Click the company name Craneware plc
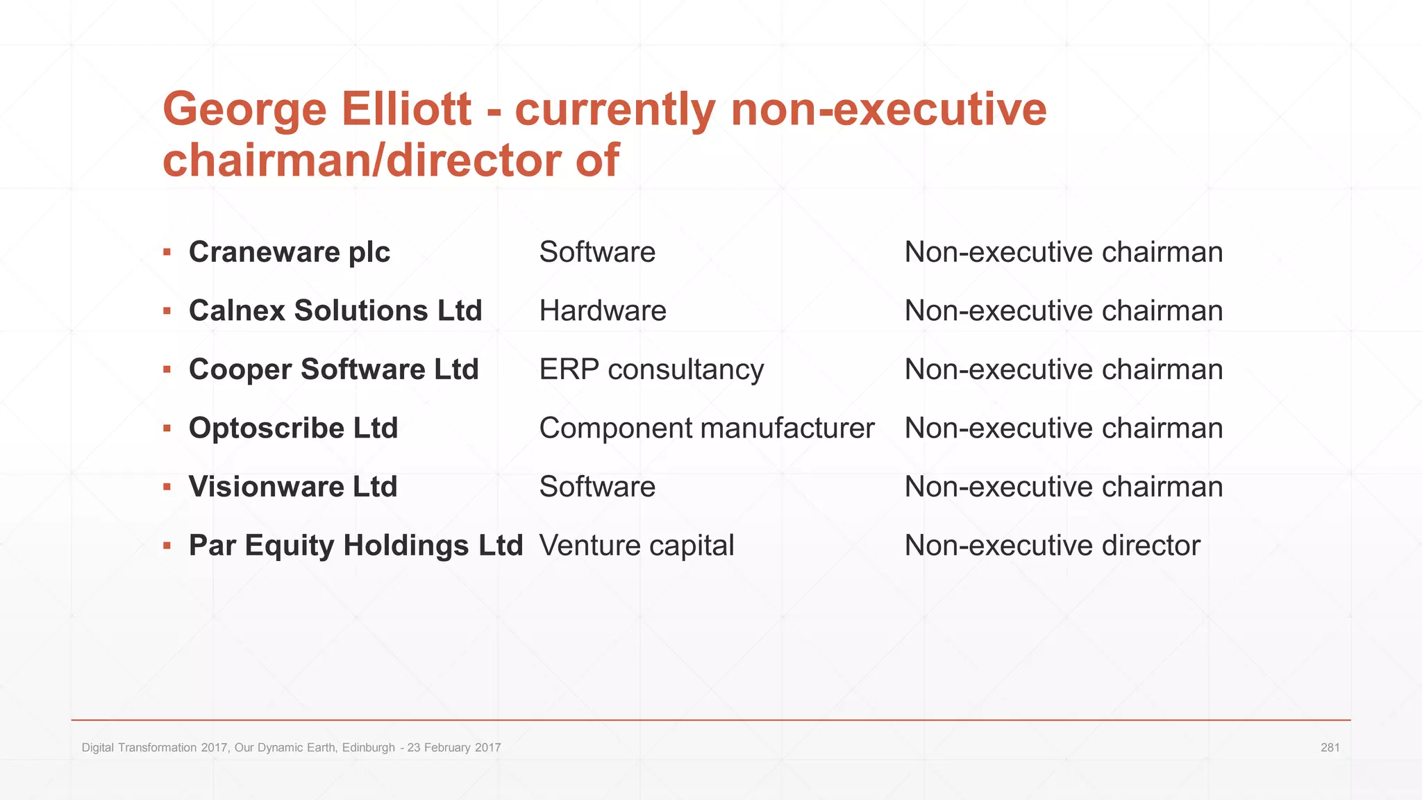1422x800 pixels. [289, 252]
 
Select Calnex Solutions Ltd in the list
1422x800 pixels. [335, 310]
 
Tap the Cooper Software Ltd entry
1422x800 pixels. [333, 369]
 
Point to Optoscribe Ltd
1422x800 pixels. [293, 428]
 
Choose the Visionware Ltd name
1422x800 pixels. [293, 487]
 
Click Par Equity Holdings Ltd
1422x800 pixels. [355, 546]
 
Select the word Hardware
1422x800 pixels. [602, 310]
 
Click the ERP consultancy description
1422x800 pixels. [651, 369]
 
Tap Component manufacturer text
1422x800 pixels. [706, 428]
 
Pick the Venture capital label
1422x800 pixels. [636, 546]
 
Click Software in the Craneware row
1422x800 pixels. [597, 252]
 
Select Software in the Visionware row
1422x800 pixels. [597, 487]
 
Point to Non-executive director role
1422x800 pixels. [1052, 546]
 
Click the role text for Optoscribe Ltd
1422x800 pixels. [1063, 428]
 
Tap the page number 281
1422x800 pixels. [1330, 748]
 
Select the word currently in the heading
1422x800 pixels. [615, 110]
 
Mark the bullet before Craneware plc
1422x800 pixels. [167, 252]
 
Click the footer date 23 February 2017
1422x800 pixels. [454, 748]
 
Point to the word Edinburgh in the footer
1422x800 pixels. [368, 748]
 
